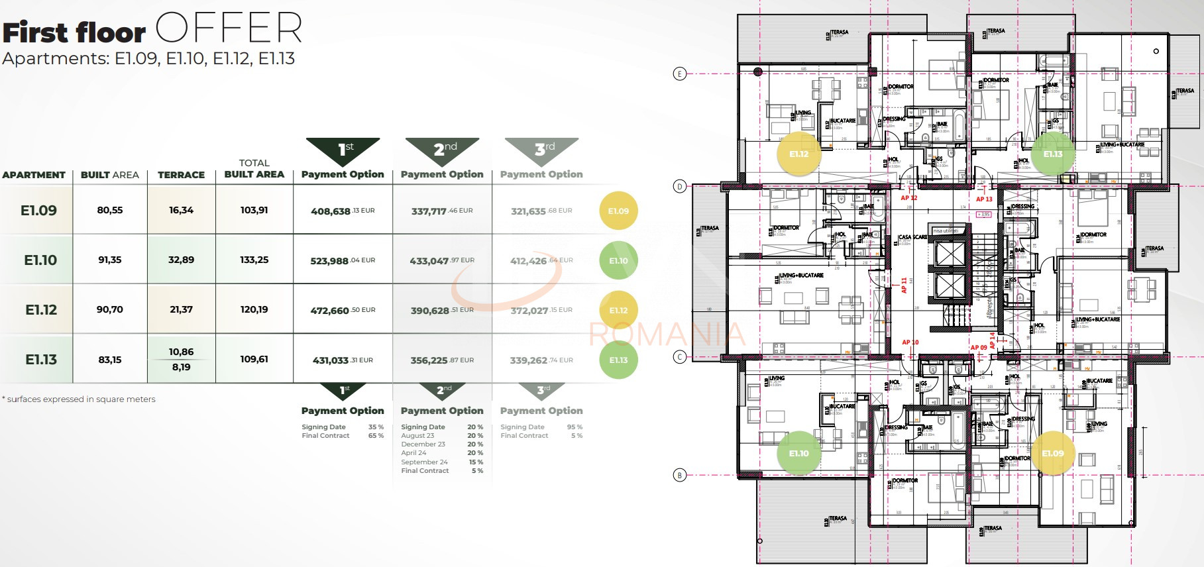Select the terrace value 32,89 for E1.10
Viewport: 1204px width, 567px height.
pos(181,260)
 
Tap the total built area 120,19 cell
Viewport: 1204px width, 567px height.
pos(254,309)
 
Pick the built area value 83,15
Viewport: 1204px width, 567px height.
pos(109,360)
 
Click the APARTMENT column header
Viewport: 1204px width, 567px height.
pos(34,175)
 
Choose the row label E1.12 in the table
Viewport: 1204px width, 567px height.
pos(41,310)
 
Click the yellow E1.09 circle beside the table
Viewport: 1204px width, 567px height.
pos(618,211)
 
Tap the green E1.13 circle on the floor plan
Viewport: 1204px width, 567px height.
pos(1052,154)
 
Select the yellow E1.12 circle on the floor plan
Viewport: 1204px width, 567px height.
pos(798,154)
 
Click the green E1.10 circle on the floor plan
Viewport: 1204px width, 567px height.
pos(798,453)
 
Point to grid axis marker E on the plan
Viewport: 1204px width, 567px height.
pos(679,74)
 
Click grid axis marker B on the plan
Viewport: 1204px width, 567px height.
pos(679,475)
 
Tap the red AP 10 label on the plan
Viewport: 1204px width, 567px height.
pos(910,342)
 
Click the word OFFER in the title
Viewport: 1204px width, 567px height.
pos(229,29)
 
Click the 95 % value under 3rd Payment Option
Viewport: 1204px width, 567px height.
pos(575,427)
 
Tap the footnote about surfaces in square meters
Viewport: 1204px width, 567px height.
pos(80,399)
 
